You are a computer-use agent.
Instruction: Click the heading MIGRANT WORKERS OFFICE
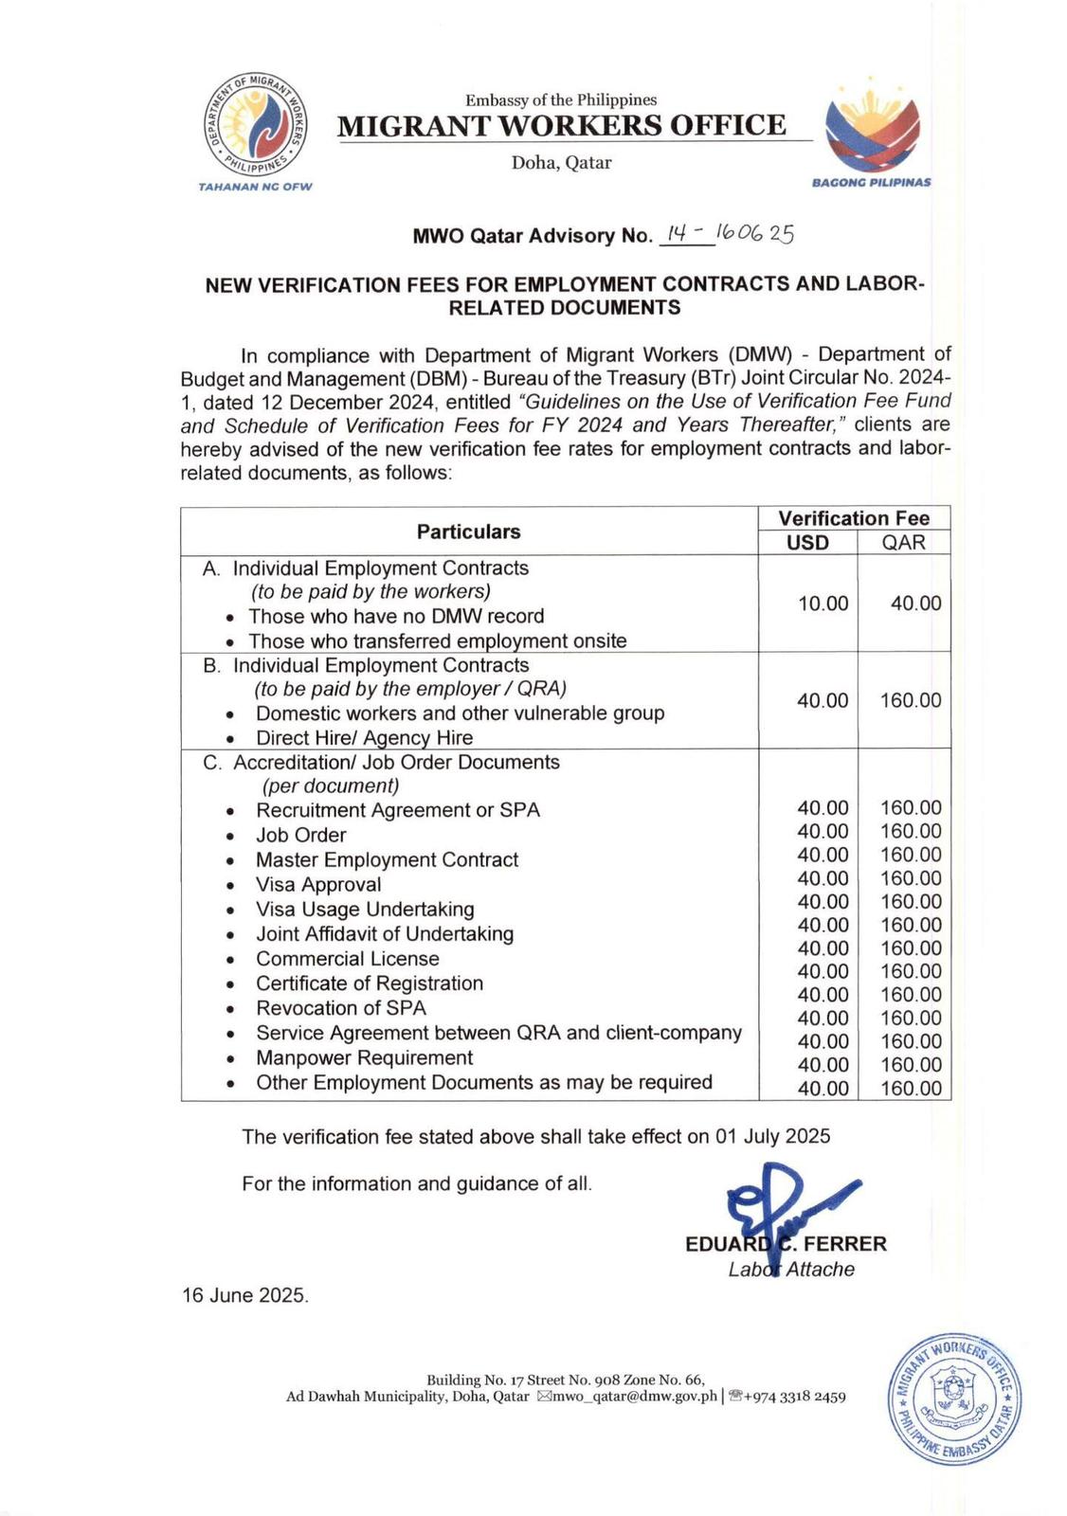562,126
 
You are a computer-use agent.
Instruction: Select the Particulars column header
468,532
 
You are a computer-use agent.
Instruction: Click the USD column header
807,543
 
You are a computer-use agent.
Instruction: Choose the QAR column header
903,543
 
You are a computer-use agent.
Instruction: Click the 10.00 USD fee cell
823,604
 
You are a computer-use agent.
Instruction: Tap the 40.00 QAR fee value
915,604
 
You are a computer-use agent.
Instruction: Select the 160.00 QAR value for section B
911,700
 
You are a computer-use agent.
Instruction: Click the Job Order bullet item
300,835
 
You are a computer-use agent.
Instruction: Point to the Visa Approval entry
318,884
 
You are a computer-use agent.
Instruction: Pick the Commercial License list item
347,958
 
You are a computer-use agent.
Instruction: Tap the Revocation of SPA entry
341,1007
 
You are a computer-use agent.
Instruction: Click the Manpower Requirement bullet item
364,1057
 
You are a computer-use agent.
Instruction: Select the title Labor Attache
791,1270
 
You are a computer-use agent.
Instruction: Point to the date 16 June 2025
245,1295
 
